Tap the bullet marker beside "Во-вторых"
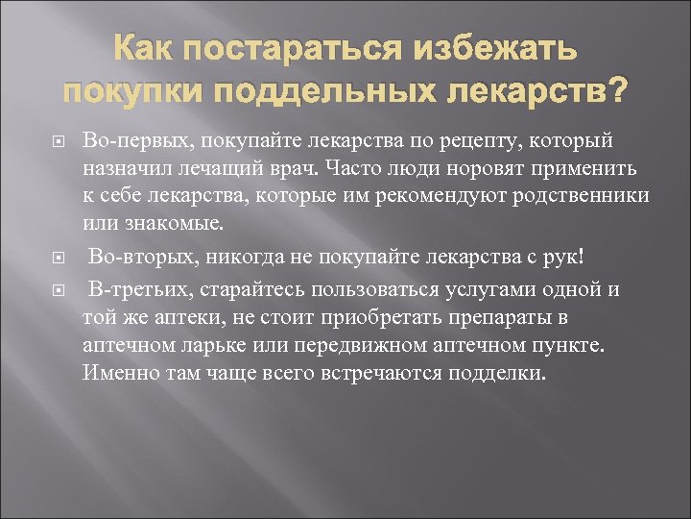58,259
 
